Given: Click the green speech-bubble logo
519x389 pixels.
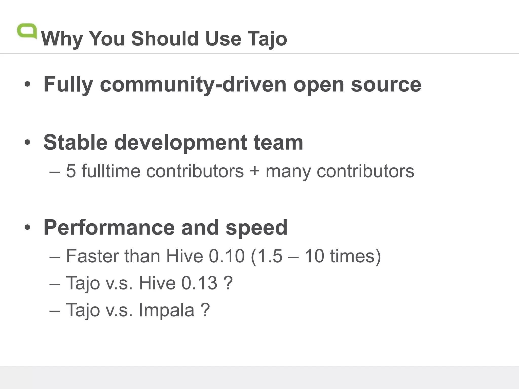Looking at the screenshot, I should pyautogui.click(x=27, y=31).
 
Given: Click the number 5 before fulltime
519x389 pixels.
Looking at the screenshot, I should pyautogui.click(x=71, y=171).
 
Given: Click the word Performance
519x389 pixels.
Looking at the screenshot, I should pyautogui.click(x=109, y=227).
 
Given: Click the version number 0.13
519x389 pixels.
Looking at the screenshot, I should pyautogui.click(x=199, y=283).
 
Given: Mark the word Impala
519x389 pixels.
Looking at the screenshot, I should pyautogui.click(x=166, y=310).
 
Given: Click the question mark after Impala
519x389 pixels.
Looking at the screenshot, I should pyautogui.click(x=205, y=310).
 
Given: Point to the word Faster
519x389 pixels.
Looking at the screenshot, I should pyautogui.click(x=92, y=256).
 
